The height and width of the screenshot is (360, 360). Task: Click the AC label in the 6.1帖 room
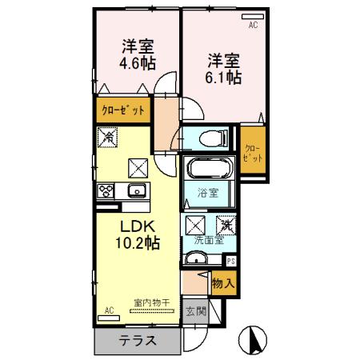pos(253,26)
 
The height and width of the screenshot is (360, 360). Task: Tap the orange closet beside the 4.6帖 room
pos(122,110)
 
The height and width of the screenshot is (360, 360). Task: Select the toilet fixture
pos(210,138)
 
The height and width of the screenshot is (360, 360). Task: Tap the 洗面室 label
pos(206,240)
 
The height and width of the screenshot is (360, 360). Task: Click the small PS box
pos(230,260)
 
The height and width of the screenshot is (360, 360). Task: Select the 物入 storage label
pos(223,282)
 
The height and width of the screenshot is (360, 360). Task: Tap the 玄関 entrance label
pos(194,310)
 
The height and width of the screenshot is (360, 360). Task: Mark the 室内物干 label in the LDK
pos(151,302)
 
